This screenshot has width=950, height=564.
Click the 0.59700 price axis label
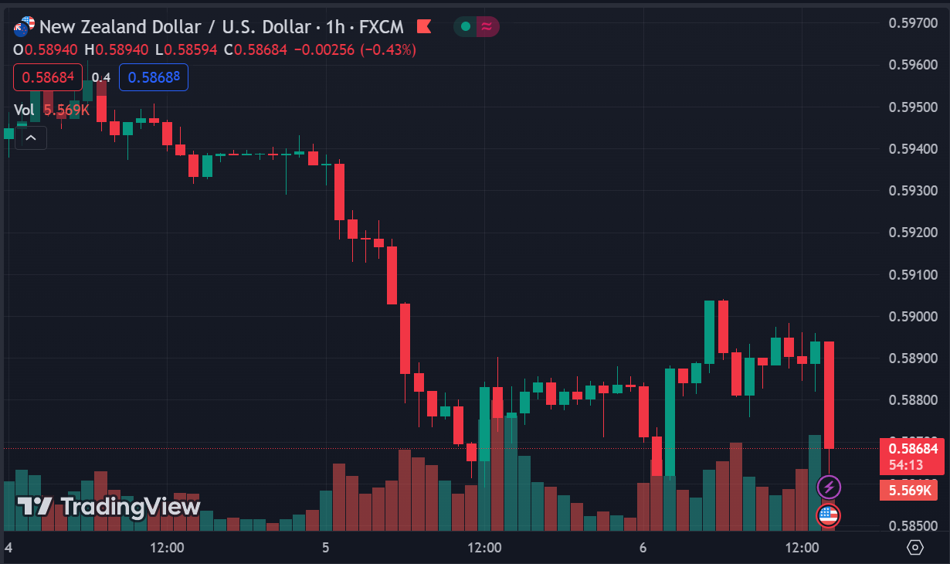click(913, 22)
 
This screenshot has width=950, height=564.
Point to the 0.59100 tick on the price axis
click(913, 274)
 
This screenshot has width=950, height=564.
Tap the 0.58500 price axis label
click(913, 526)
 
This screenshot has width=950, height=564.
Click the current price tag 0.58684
click(913, 448)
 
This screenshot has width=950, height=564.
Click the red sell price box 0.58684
click(47, 77)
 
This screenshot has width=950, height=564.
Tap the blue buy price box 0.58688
click(154, 77)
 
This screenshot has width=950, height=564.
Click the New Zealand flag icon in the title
click(24, 27)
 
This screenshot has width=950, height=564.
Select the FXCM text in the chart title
click(382, 27)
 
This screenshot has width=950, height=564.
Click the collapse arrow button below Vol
click(31, 138)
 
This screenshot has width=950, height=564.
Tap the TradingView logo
click(109, 507)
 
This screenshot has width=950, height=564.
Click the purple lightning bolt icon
click(829, 487)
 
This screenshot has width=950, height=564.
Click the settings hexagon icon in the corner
click(915, 548)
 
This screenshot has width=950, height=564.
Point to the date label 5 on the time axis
click(325, 548)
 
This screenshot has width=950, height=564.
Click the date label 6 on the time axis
click(643, 548)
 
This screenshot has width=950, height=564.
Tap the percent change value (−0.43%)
click(389, 49)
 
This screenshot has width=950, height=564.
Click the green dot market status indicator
click(465, 27)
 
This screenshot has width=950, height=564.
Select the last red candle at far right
click(829, 394)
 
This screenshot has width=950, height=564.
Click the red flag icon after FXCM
click(424, 27)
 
